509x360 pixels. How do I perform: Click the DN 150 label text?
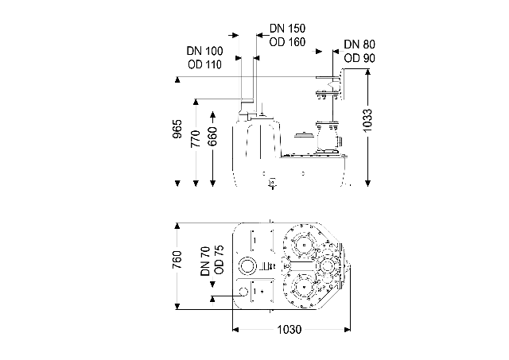pyautogui.click(x=287, y=29)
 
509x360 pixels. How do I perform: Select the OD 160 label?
pyautogui.click(x=287, y=42)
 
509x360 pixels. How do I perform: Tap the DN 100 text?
pyautogui.click(x=204, y=51)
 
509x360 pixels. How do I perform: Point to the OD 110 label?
pyautogui.click(x=204, y=64)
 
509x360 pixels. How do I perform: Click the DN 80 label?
pyautogui.click(x=359, y=45)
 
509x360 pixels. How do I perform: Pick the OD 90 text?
pyautogui.click(x=359, y=58)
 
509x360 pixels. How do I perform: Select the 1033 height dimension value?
pyautogui.click(x=367, y=121)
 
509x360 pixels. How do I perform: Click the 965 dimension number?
pyautogui.click(x=177, y=129)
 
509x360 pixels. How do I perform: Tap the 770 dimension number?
pyautogui.click(x=196, y=138)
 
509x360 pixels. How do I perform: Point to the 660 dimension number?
pyautogui.click(x=212, y=137)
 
